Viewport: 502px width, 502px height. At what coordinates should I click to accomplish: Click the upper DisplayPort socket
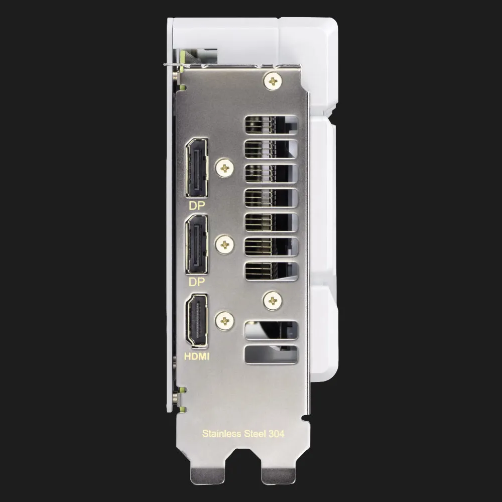click(x=197, y=168)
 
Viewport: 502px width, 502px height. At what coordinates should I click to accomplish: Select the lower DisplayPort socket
click(x=197, y=244)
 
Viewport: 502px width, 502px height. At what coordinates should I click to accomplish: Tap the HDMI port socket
click(x=197, y=321)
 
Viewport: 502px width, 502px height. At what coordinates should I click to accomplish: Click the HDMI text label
click(x=197, y=356)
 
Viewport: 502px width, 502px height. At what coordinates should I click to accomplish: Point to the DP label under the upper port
click(x=197, y=205)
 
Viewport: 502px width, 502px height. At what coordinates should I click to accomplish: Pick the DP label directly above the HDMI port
click(x=197, y=282)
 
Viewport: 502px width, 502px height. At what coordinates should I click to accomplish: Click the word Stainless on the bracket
click(x=221, y=434)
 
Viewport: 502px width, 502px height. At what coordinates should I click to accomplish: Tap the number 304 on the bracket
click(x=276, y=434)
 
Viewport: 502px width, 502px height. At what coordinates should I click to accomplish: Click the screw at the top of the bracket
click(x=273, y=81)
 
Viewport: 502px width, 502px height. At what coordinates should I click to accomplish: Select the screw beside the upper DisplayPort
click(x=225, y=168)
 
